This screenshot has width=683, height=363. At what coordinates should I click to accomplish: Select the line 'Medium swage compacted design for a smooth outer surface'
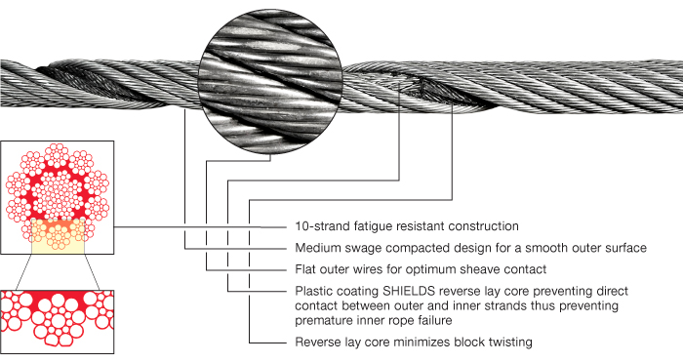[470, 249]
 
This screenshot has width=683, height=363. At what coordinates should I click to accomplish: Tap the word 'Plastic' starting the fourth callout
[314, 291]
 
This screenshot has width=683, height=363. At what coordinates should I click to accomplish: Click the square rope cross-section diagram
[59, 194]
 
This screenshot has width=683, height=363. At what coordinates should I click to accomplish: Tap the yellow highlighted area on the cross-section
[59, 233]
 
